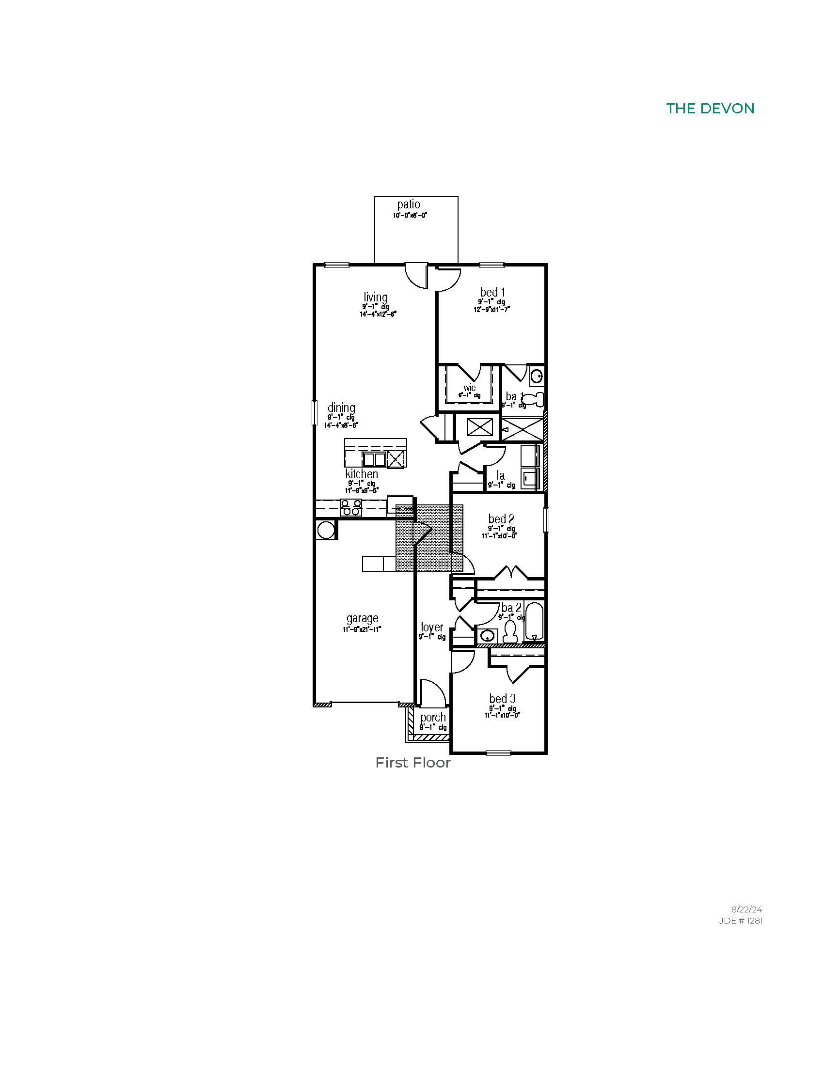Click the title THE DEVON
pyautogui.click(x=710, y=109)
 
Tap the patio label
pyautogui.click(x=409, y=204)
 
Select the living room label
pyautogui.click(x=375, y=297)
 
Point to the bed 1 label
pyautogui.click(x=492, y=292)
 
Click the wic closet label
pyautogui.click(x=470, y=388)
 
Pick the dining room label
pyautogui.click(x=341, y=408)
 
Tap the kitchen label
pyautogui.click(x=362, y=474)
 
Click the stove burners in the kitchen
pyautogui.click(x=351, y=508)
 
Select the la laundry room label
pyautogui.click(x=501, y=475)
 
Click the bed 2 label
pyautogui.click(x=501, y=518)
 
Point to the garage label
pyautogui.click(x=362, y=618)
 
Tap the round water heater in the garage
pyautogui.click(x=326, y=530)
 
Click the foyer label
pyautogui.click(x=432, y=627)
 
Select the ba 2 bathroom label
pyautogui.click(x=511, y=608)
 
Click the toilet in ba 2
pyautogui.click(x=510, y=632)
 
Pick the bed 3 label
pyautogui.click(x=502, y=699)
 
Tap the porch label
pyautogui.click(x=433, y=718)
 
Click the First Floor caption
pyautogui.click(x=412, y=763)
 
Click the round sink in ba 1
pyautogui.click(x=537, y=376)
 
